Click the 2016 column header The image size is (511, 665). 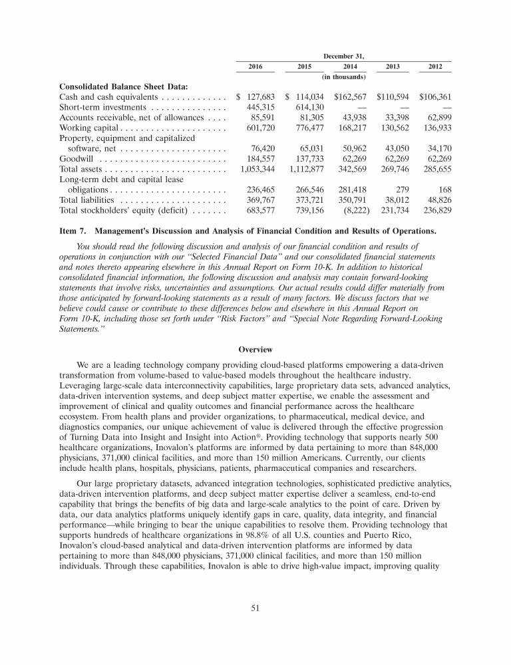click(255, 67)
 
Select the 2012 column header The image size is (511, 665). click(436, 67)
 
